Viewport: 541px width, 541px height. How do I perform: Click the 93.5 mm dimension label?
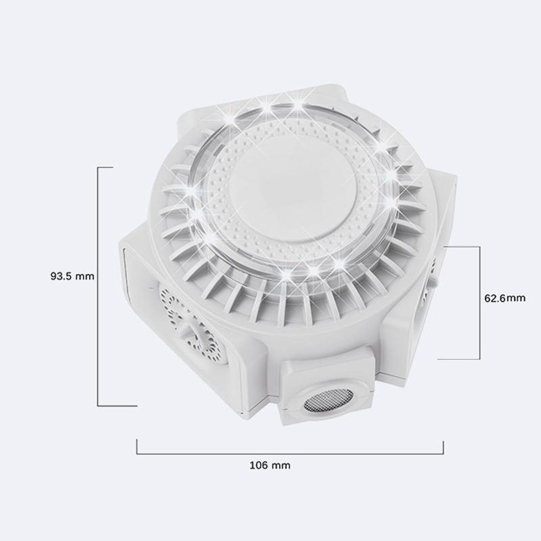pyautogui.click(x=72, y=276)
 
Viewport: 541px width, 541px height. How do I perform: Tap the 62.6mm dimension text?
pyautogui.click(x=504, y=298)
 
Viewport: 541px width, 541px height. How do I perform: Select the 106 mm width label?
pyautogui.click(x=270, y=465)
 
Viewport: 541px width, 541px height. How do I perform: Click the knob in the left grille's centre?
pyautogui.click(x=190, y=329)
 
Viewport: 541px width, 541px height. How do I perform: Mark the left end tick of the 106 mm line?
pyautogui.click(x=137, y=446)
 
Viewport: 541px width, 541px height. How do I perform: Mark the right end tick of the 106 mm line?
pyautogui.click(x=444, y=446)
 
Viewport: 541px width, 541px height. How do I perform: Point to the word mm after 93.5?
pyautogui.click(x=85, y=276)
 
